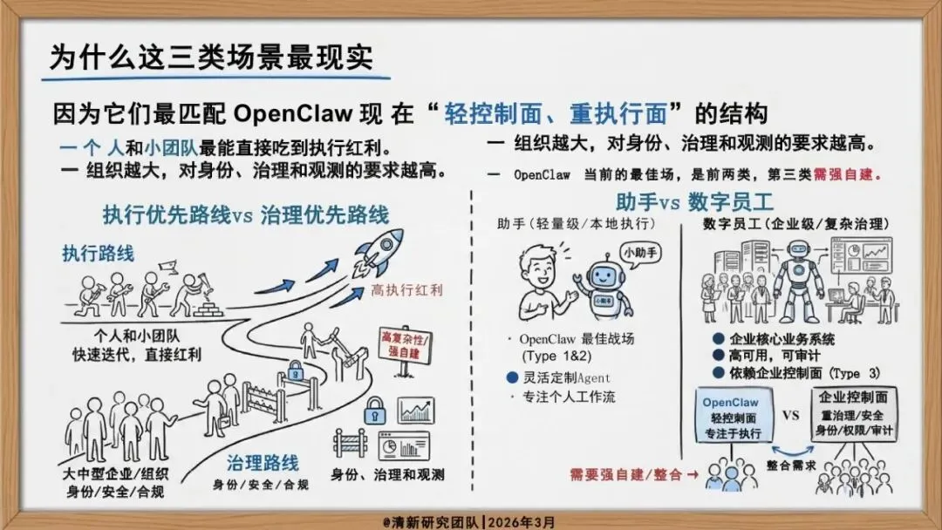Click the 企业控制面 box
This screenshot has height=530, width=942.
pos(854,418)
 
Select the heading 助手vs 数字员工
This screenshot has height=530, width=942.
pos(694,202)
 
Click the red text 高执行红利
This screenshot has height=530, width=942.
pos(407,290)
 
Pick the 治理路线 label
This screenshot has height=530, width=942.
pos(263,462)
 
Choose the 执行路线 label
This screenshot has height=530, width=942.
pos(98,253)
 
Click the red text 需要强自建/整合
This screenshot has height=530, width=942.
pos(629,474)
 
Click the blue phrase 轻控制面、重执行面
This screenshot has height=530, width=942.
pos(555,114)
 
